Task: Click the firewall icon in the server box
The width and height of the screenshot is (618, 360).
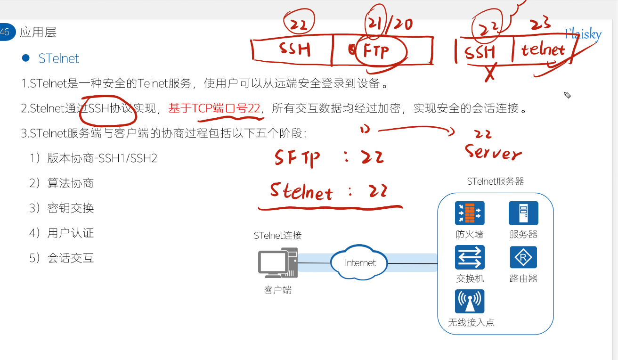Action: coord(470,213)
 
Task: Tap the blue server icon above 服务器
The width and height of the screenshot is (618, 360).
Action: coord(523,213)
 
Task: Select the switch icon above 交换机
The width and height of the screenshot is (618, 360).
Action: coord(470,257)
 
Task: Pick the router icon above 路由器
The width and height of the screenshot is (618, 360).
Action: coord(523,257)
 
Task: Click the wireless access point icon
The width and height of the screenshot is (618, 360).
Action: coord(470,302)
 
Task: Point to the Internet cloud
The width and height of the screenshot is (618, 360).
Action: coord(360,262)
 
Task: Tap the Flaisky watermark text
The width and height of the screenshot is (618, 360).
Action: coord(583,34)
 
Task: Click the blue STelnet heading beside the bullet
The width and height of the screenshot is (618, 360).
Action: coord(59,58)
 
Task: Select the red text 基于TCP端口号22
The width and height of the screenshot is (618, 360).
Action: coord(214,109)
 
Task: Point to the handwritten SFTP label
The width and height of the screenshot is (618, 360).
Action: coord(297,158)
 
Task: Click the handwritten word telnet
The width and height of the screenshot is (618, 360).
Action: coord(543,49)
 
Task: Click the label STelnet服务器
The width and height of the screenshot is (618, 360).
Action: coord(496,181)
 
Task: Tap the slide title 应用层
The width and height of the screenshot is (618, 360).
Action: coord(38,32)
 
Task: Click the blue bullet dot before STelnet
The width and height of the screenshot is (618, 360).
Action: coord(26,58)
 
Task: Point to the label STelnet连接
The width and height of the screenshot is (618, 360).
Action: coord(277,235)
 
